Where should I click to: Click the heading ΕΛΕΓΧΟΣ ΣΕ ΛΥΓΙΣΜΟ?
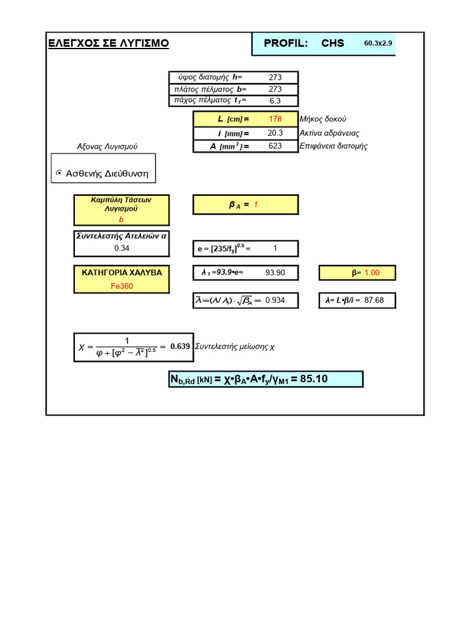tap(109, 43)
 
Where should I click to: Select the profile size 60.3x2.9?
tap(378, 44)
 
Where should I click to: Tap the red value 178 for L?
tap(275, 119)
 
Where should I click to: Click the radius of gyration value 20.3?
tap(275, 133)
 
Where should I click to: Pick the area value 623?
tap(275, 146)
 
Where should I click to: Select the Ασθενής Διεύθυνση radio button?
tap(59, 174)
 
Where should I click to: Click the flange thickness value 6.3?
tap(275, 100)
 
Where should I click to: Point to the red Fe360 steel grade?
tap(121, 286)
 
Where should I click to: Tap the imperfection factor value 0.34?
tap(121, 248)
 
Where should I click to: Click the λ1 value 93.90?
tap(275, 273)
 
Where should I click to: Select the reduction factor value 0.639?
tap(180, 346)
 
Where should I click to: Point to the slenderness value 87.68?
tap(375, 300)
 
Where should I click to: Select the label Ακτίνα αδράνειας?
tap(329, 133)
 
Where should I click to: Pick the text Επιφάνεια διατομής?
tap(334, 146)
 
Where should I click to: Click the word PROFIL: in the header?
tap(285, 43)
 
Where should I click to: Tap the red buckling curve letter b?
tap(121, 219)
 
